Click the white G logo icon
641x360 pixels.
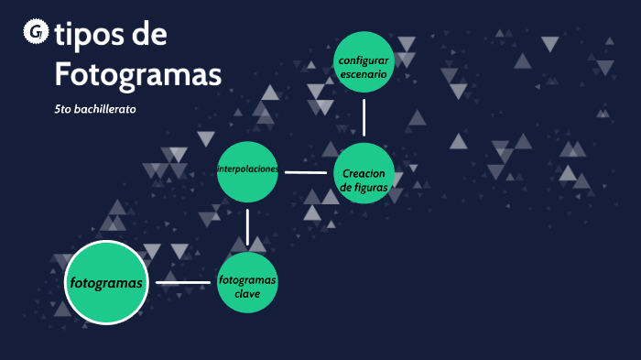pyautogui.click(x=36, y=33)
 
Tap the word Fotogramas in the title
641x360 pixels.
pyautogui.click(x=137, y=73)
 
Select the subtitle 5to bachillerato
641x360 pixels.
pyautogui.click(x=95, y=110)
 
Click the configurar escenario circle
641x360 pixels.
pyautogui.click(x=364, y=61)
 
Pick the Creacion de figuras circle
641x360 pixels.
pyautogui.click(x=364, y=174)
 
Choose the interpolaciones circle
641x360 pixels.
pyautogui.click(x=247, y=171)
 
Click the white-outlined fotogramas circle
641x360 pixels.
pyautogui.click(x=106, y=282)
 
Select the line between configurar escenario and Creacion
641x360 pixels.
pyautogui.click(x=364, y=117)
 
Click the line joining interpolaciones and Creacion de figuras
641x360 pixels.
pyautogui.click(x=306, y=171)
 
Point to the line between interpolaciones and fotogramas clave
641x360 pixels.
pyautogui.click(x=247, y=227)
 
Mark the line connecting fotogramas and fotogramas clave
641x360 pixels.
pyautogui.click(x=183, y=282)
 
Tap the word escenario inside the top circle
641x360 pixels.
pyautogui.click(x=364, y=74)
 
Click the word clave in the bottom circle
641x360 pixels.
pyautogui.click(x=247, y=294)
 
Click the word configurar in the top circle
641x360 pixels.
pyautogui.click(x=364, y=60)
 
